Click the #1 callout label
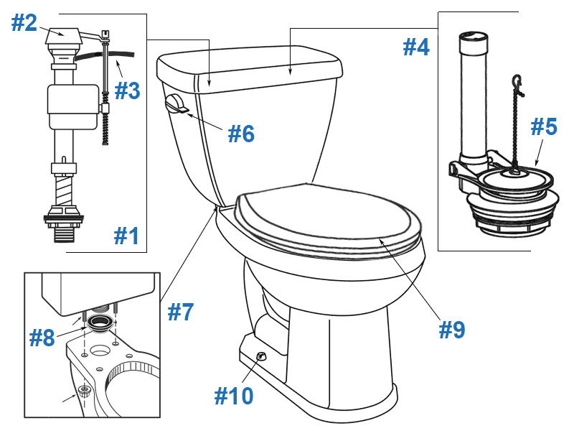pyautogui.click(x=127, y=235)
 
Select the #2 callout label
pyautogui.click(x=24, y=23)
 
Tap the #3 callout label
pyautogui.click(x=127, y=91)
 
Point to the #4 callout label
pyautogui.click(x=415, y=47)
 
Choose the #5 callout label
pyautogui.click(x=543, y=126)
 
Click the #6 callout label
pyautogui.click(x=241, y=133)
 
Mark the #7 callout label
pyautogui.click(x=180, y=312)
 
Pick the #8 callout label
pyautogui.click(x=42, y=338)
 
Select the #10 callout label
pyautogui.click(x=234, y=395)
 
